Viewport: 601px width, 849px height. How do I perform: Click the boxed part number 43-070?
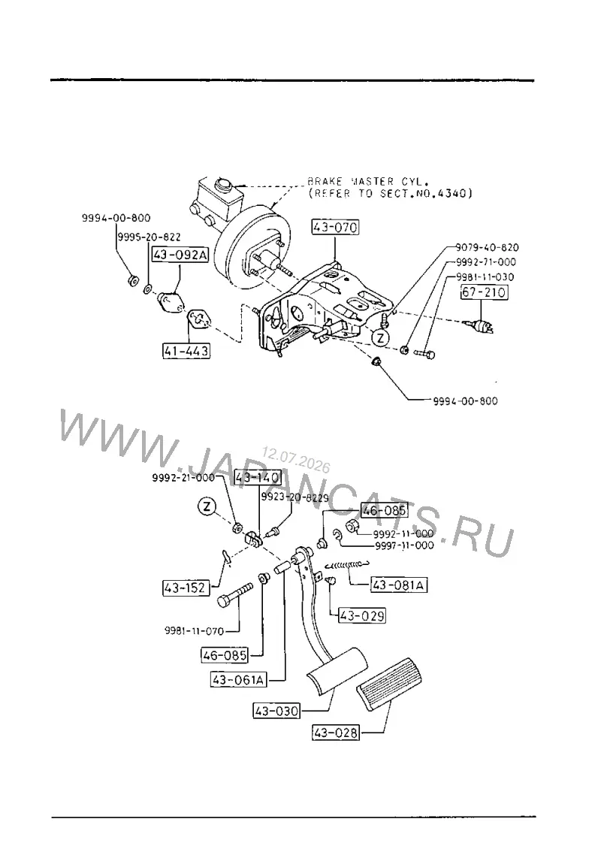tap(335, 228)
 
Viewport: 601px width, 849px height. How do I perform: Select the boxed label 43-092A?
tap(180, 254)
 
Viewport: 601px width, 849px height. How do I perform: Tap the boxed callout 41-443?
tap(186, 351)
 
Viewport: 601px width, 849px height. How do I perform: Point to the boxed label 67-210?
tap(484, 292)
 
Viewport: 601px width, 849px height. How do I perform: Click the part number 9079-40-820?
tap(487, 247)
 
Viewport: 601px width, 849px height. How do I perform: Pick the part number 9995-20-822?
tap(149, 237)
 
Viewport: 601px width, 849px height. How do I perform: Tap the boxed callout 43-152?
tap(186, 588)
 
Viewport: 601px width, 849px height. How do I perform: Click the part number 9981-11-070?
tap(195, 631)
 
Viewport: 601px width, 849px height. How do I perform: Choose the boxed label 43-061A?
tap(239, 679)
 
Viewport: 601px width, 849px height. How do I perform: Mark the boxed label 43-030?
tap(276, 711)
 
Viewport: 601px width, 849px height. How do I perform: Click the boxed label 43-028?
tap(336, 733)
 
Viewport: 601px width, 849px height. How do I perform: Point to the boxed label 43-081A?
tap(399, 585)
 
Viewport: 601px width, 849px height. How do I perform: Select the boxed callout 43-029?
tap(361, 615)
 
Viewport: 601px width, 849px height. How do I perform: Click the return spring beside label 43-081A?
tap(348, 565)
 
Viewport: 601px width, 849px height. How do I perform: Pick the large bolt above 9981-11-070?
tap(235, 594)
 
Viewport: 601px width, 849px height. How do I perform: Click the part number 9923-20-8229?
tap(294, 497)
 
